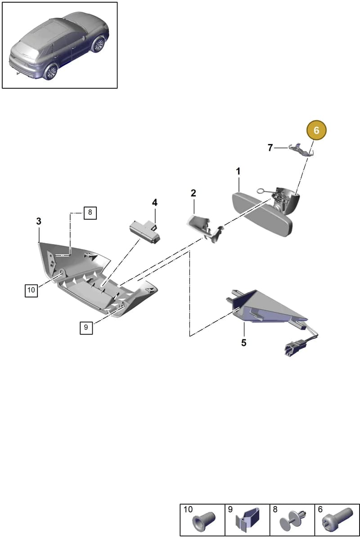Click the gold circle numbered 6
(x=316, y=130)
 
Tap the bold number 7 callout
(x=270, y=148)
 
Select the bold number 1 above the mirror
(x=238, y=171)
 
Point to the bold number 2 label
(x=193, y=193)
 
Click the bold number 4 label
(x=155, y=203)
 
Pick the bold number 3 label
(x=39, y=221)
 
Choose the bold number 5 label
(x=244, y=343)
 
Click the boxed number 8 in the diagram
(x=90, y=213)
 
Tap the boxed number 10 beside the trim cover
(x=31, y=290)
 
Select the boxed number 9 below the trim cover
(x=86, y=327)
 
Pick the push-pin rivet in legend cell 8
(x=292, y=521)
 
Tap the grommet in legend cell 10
(x=203, y=521)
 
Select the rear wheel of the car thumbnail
(x=50, y=72)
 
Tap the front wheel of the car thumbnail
(x=98, y=45)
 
